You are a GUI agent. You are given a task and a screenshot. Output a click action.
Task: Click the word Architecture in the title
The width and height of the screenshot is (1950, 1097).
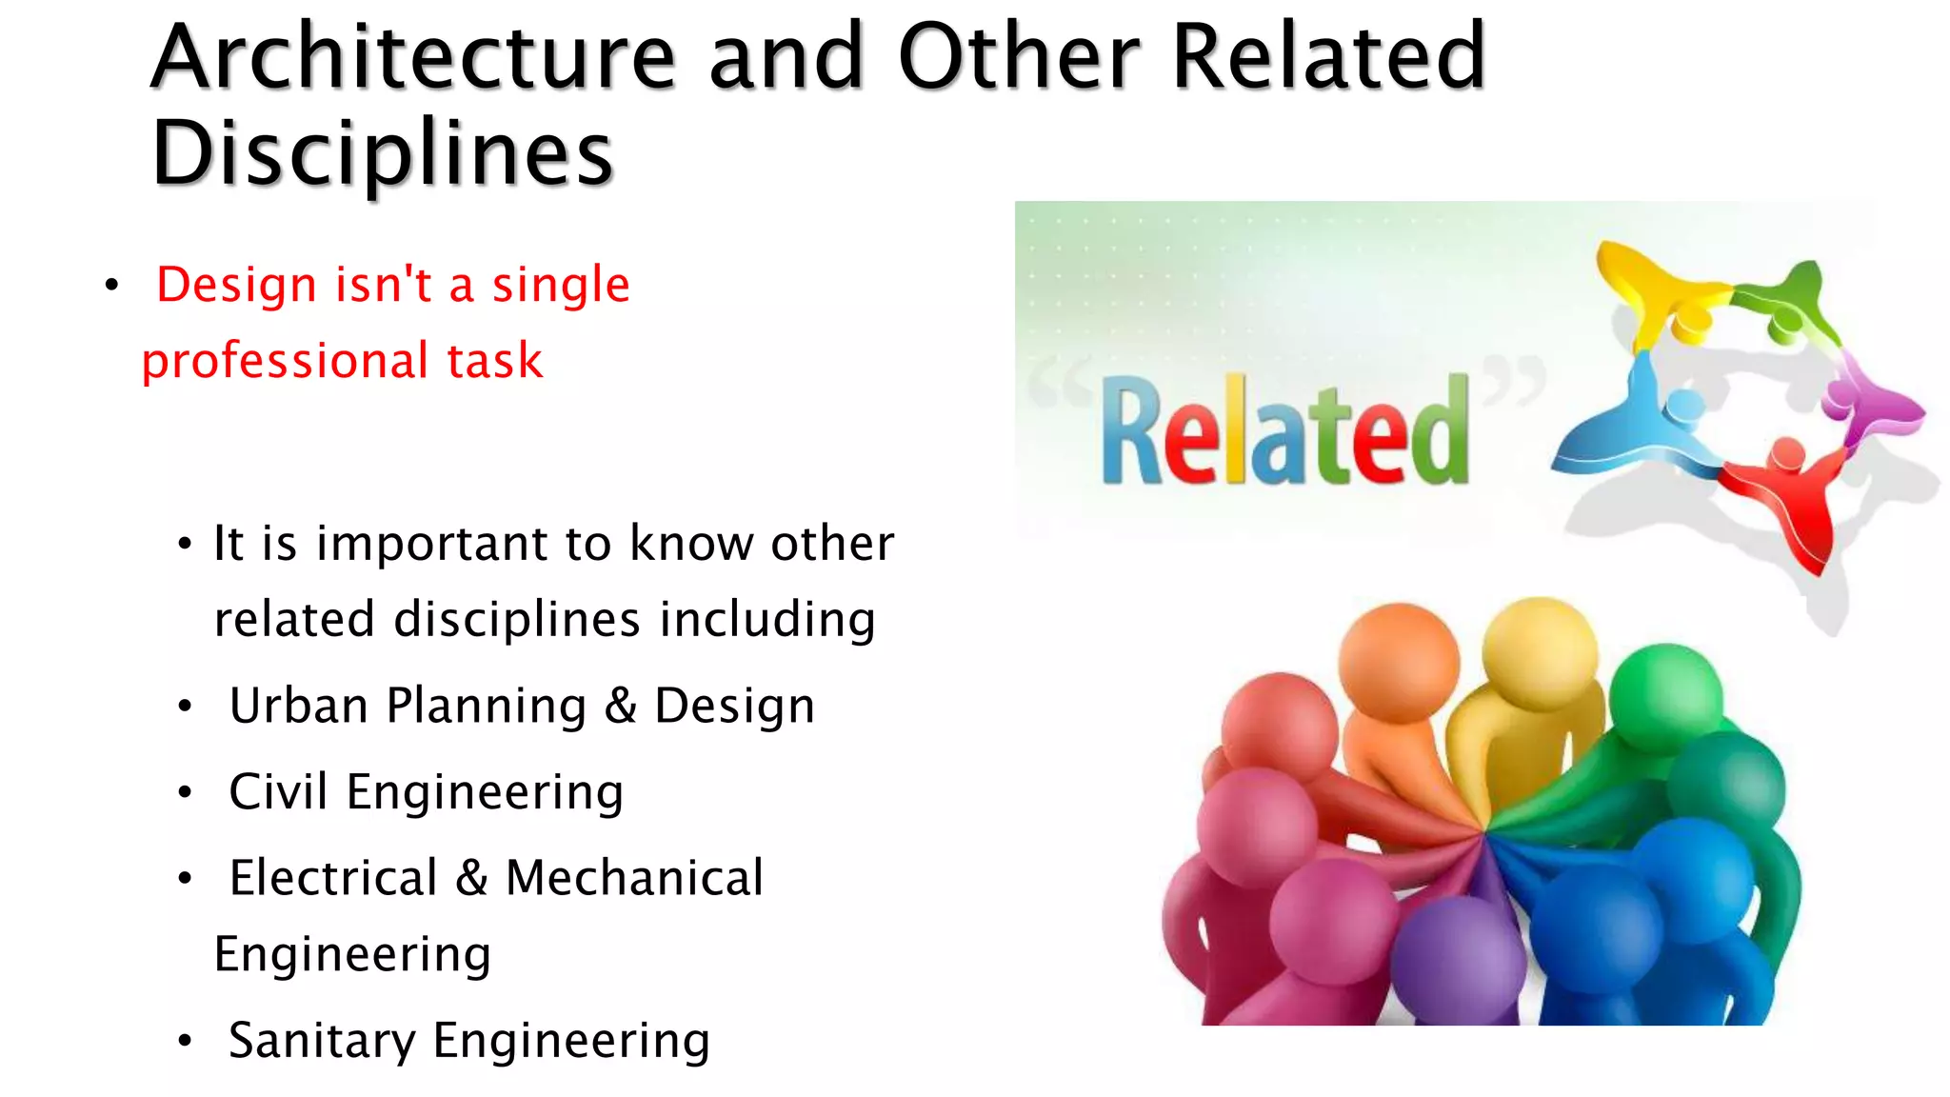412,59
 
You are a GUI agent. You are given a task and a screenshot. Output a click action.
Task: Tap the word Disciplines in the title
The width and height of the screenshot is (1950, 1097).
383,154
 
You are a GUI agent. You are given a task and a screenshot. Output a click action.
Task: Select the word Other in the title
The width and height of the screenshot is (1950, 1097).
1019,59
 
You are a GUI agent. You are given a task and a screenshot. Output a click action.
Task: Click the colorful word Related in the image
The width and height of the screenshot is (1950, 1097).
1284,431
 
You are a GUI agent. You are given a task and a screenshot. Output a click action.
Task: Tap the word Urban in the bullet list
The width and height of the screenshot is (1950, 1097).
298,707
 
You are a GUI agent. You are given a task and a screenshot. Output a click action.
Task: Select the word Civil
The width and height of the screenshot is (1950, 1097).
278,792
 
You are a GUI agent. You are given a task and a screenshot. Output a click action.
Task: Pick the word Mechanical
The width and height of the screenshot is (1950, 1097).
634,878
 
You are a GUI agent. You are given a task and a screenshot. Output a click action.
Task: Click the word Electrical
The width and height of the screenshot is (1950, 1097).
333,878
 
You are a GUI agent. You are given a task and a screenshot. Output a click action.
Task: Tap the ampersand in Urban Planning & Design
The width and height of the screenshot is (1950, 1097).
620,707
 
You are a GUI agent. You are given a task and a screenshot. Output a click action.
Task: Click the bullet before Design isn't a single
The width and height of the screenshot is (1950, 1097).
112,286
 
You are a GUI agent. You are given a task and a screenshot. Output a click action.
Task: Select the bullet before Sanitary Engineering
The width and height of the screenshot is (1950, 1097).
185,1041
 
